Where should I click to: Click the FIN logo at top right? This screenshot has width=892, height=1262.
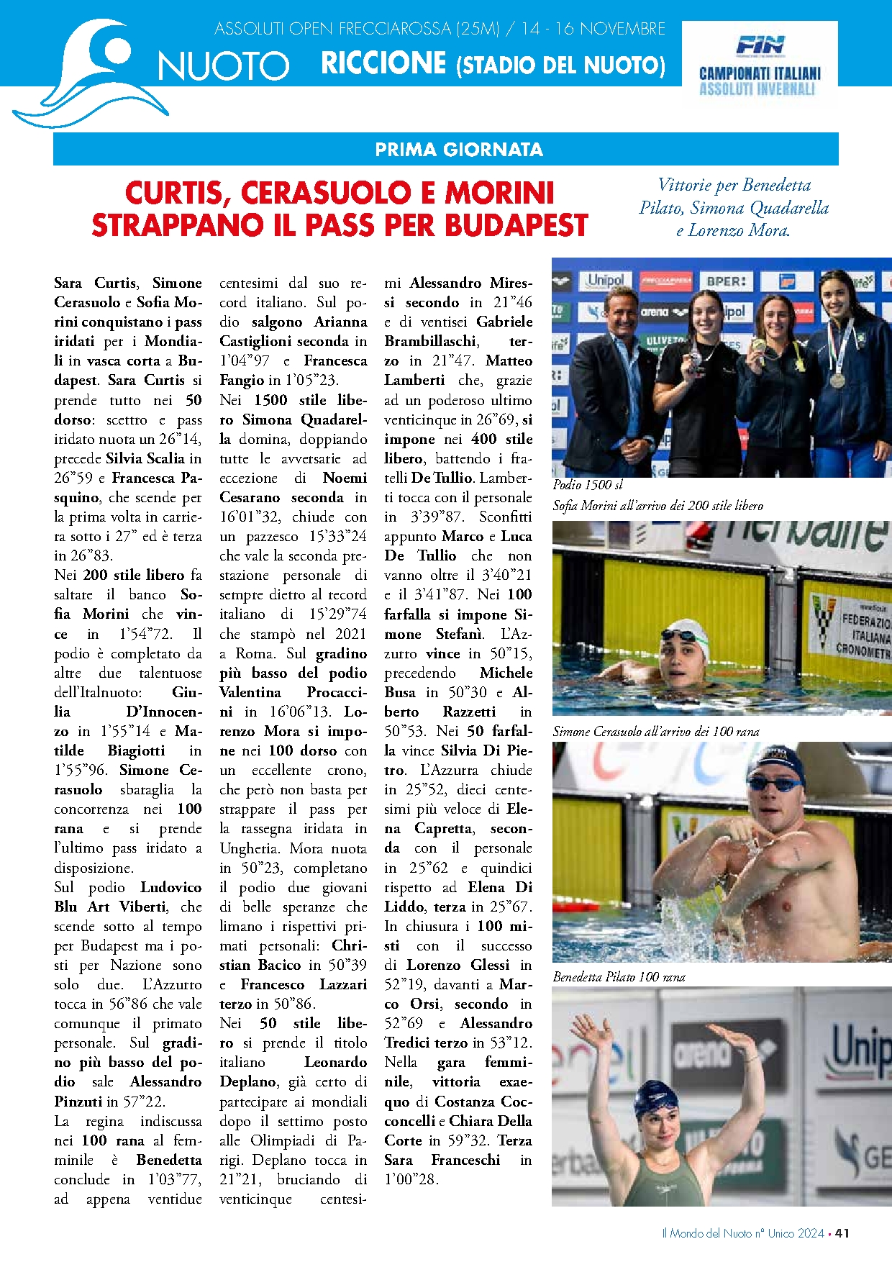click(x=760, y=46)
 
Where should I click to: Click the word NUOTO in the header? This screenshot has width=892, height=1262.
click(x=223, y=66)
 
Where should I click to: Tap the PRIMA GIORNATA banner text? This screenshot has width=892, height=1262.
click(x=459, y=150)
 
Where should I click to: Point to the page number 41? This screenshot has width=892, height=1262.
click(x=842, y=1233)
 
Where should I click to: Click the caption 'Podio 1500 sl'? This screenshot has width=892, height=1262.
click(x=588, y=485)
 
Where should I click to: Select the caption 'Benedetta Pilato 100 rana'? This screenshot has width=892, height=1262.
click(x=619, y=977)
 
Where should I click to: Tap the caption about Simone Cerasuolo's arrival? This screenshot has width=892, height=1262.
click(x=656, y=732)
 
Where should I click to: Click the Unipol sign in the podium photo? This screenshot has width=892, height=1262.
click(x=605, y=281)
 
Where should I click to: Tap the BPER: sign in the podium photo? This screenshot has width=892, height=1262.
click(x=726, y=281)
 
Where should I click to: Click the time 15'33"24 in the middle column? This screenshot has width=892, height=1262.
click(x=337, y=537)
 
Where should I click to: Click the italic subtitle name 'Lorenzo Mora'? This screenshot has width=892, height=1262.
click(x=738, y=231)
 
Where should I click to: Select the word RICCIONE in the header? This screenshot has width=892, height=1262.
click(x=383, y=63)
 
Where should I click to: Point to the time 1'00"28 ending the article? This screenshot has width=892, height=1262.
click(x=411, y=1180)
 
